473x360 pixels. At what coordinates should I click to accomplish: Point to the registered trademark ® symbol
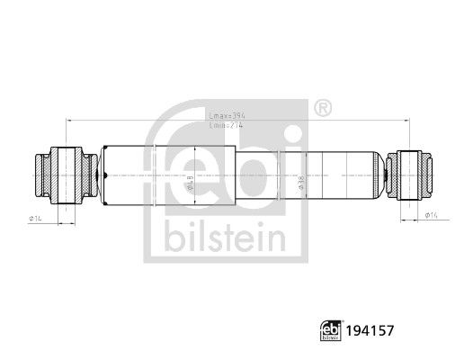(x=323, y=108)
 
